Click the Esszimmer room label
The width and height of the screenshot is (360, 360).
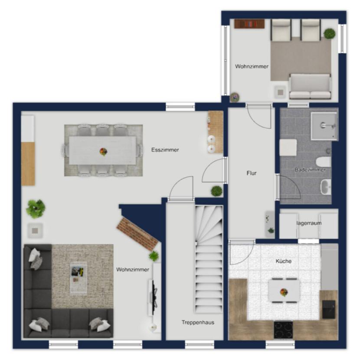165,150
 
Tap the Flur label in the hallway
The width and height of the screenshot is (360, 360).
252,173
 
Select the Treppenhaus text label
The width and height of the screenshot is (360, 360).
198,322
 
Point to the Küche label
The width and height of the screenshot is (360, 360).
284,261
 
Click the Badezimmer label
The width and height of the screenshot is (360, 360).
310,170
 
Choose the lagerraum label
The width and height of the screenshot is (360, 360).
309,223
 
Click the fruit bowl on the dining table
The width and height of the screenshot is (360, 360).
103,151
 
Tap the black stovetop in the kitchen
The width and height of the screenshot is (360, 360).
283,330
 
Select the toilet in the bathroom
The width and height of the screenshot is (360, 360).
324,162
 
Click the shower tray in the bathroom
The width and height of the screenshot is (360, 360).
324,126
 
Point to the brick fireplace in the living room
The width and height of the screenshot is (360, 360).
137,234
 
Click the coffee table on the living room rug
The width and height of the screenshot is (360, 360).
79,277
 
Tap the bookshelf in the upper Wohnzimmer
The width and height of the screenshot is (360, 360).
249,24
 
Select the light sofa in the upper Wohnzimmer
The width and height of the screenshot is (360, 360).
310,86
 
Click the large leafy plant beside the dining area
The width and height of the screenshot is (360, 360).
36,208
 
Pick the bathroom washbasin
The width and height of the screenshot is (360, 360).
326,187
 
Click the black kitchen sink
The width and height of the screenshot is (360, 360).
329,309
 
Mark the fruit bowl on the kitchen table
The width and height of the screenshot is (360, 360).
284,292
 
